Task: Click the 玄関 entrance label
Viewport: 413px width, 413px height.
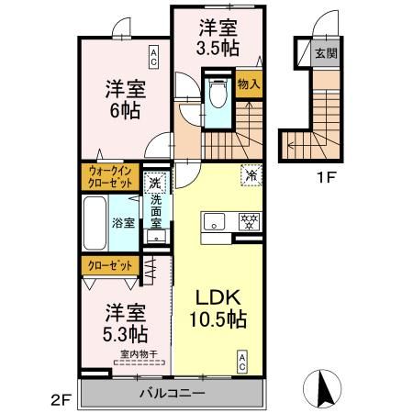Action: coord(325,53)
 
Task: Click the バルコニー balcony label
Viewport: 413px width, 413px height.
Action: coord(173,392)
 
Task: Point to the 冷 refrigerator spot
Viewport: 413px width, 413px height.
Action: coord(249,172)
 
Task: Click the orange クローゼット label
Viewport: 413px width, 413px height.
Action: coord(110,264)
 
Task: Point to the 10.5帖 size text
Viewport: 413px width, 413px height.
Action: coord(217,319)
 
